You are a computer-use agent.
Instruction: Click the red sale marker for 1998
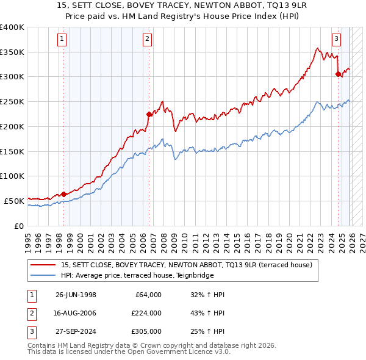tap(64, 194)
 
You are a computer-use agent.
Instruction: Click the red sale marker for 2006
tap(148, 113)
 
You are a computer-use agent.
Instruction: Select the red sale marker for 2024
tap(337, 74)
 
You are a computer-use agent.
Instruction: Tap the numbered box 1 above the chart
tap(63, 40)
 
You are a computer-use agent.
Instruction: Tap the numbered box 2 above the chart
tap(148, 40)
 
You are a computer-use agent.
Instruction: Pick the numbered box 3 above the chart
tap(336, 40)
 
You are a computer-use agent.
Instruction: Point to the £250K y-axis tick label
tap(12, 102)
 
